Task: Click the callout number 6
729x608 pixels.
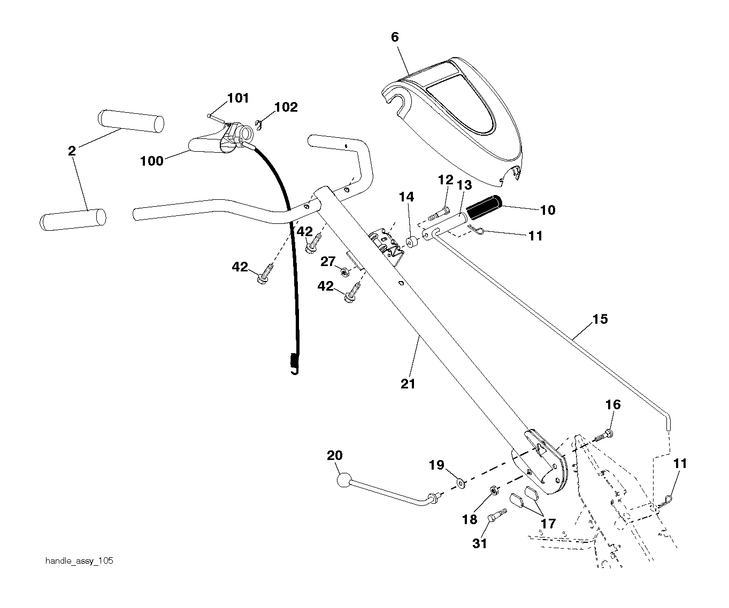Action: pyautogui.click(x=395, y=37)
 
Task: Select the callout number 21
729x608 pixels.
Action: pyautogui.click(x=408, y=384)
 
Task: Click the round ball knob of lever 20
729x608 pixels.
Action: pyautogui.click(x=344, y=480)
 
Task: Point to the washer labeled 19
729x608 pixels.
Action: pyautogui.click(x=461, y=484)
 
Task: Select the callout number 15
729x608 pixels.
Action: pyautogui.click(x=600, y=319)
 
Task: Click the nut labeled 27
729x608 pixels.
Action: pyautogui.click(x=346, y=272)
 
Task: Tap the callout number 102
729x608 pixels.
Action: pyautogui.click(x=286, y=107)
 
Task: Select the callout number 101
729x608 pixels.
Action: pyautogui.click(x=238, y=98)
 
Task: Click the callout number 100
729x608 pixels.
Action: pyautogui.click(x=151, y=161)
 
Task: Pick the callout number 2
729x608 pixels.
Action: pyautogui.click(x=72, y=151)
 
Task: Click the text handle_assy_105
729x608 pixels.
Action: pyautogui.click(x=79, y=561)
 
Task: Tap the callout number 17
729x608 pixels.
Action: pyautogui.click(x=548, y=524)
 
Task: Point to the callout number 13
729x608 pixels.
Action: pyautogui.click(x=465, y=185)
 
